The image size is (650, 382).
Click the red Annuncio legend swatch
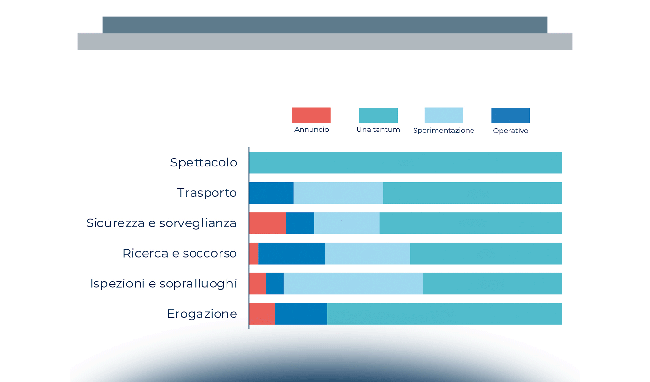pos(311,115)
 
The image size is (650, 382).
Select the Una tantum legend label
pos(378,130)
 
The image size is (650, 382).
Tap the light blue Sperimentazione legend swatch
pos(444,115)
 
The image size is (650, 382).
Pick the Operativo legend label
pos(510,131)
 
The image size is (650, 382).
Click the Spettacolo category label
pos(204,163)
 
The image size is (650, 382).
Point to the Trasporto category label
pos(207,193)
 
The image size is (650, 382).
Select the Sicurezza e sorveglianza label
pos(161,223)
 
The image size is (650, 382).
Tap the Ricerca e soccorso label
pos(179,253)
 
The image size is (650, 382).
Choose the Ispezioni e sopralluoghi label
pos(164,284)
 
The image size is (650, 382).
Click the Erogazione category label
pos(202,314)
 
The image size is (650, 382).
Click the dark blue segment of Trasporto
pos(271,193)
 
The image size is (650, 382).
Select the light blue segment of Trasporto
pos(338,193)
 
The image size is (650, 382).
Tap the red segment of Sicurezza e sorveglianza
pos(268,223)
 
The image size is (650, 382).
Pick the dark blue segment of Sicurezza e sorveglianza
pos(300,223)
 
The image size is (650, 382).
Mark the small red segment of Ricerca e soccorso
pos(254,253)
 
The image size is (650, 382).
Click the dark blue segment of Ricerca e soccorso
pos(292,253)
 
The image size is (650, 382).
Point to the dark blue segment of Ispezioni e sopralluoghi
pos(275,284)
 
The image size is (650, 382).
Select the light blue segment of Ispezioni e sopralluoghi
pos(353,284)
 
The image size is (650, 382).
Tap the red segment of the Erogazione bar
pos(262,314)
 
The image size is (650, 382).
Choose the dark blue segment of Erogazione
pos(301,314)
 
